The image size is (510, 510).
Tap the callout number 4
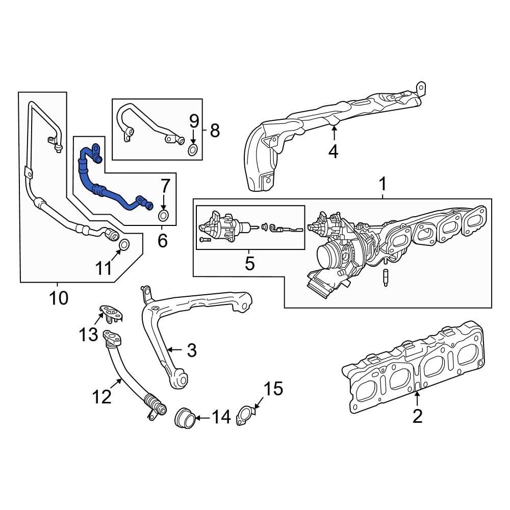point(333,151)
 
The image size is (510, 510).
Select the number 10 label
point(59,297)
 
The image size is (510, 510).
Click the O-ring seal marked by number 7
point(163,214)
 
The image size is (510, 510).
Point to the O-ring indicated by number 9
point(193,149)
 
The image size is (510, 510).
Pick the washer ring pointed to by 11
point(124,246)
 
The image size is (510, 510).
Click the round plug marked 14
point(185,419)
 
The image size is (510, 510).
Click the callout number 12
point(103,396)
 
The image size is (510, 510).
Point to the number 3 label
point(191,350)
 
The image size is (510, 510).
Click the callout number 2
point(417,416)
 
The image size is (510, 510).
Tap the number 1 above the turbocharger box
point(382,184)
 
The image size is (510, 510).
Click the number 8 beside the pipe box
point(215,131)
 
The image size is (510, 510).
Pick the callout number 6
point(162,241)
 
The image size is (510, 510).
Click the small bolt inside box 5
point(205,239)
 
